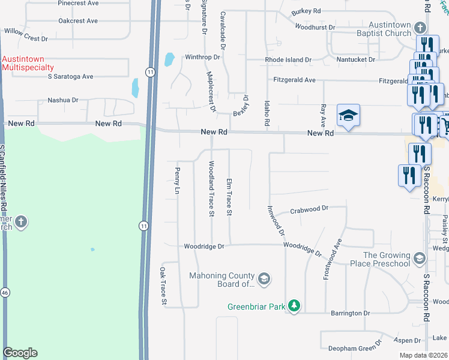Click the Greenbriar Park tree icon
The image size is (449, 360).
(294, 306)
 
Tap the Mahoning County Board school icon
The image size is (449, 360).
(264, 279)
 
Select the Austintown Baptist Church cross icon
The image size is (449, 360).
(420, 28)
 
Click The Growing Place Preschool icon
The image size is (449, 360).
(419, 259)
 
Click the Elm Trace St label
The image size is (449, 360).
(228, 197)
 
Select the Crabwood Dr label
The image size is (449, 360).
(309, 209)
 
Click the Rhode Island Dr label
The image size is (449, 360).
(289, 60)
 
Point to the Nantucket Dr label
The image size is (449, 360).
(355, 60)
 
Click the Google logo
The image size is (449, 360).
(20, 353)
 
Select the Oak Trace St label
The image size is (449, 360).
(162, 287)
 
